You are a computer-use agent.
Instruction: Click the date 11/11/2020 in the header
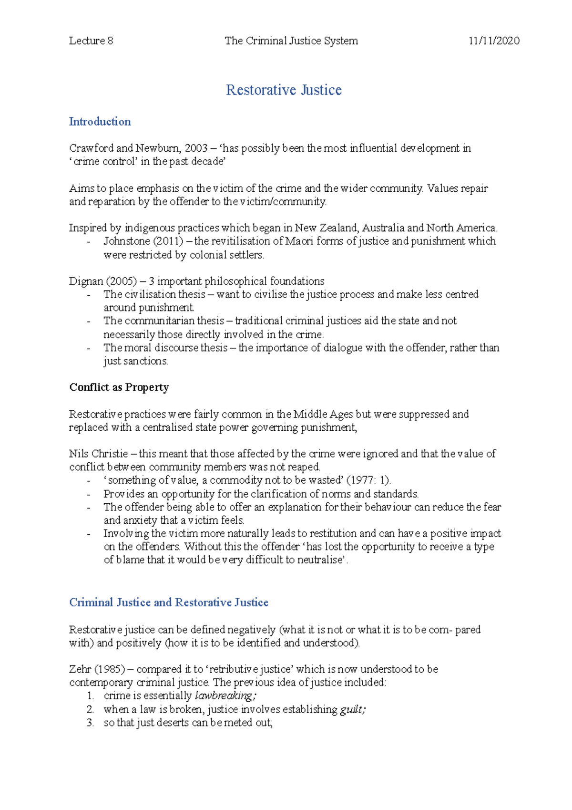pos(494,41)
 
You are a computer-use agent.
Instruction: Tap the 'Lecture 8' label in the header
pos(91,41)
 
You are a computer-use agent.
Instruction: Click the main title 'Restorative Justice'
pos(284,90)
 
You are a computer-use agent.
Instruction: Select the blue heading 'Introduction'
pos(100,122)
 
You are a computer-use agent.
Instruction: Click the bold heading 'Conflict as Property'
pos(119,387)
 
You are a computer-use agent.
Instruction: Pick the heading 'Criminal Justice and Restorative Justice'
pos(169,602)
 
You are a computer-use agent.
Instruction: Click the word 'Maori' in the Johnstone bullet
pos(299,241)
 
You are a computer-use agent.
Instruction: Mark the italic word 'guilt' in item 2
pos(352,710)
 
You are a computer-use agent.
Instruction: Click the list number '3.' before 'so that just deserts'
pos(91,723)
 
